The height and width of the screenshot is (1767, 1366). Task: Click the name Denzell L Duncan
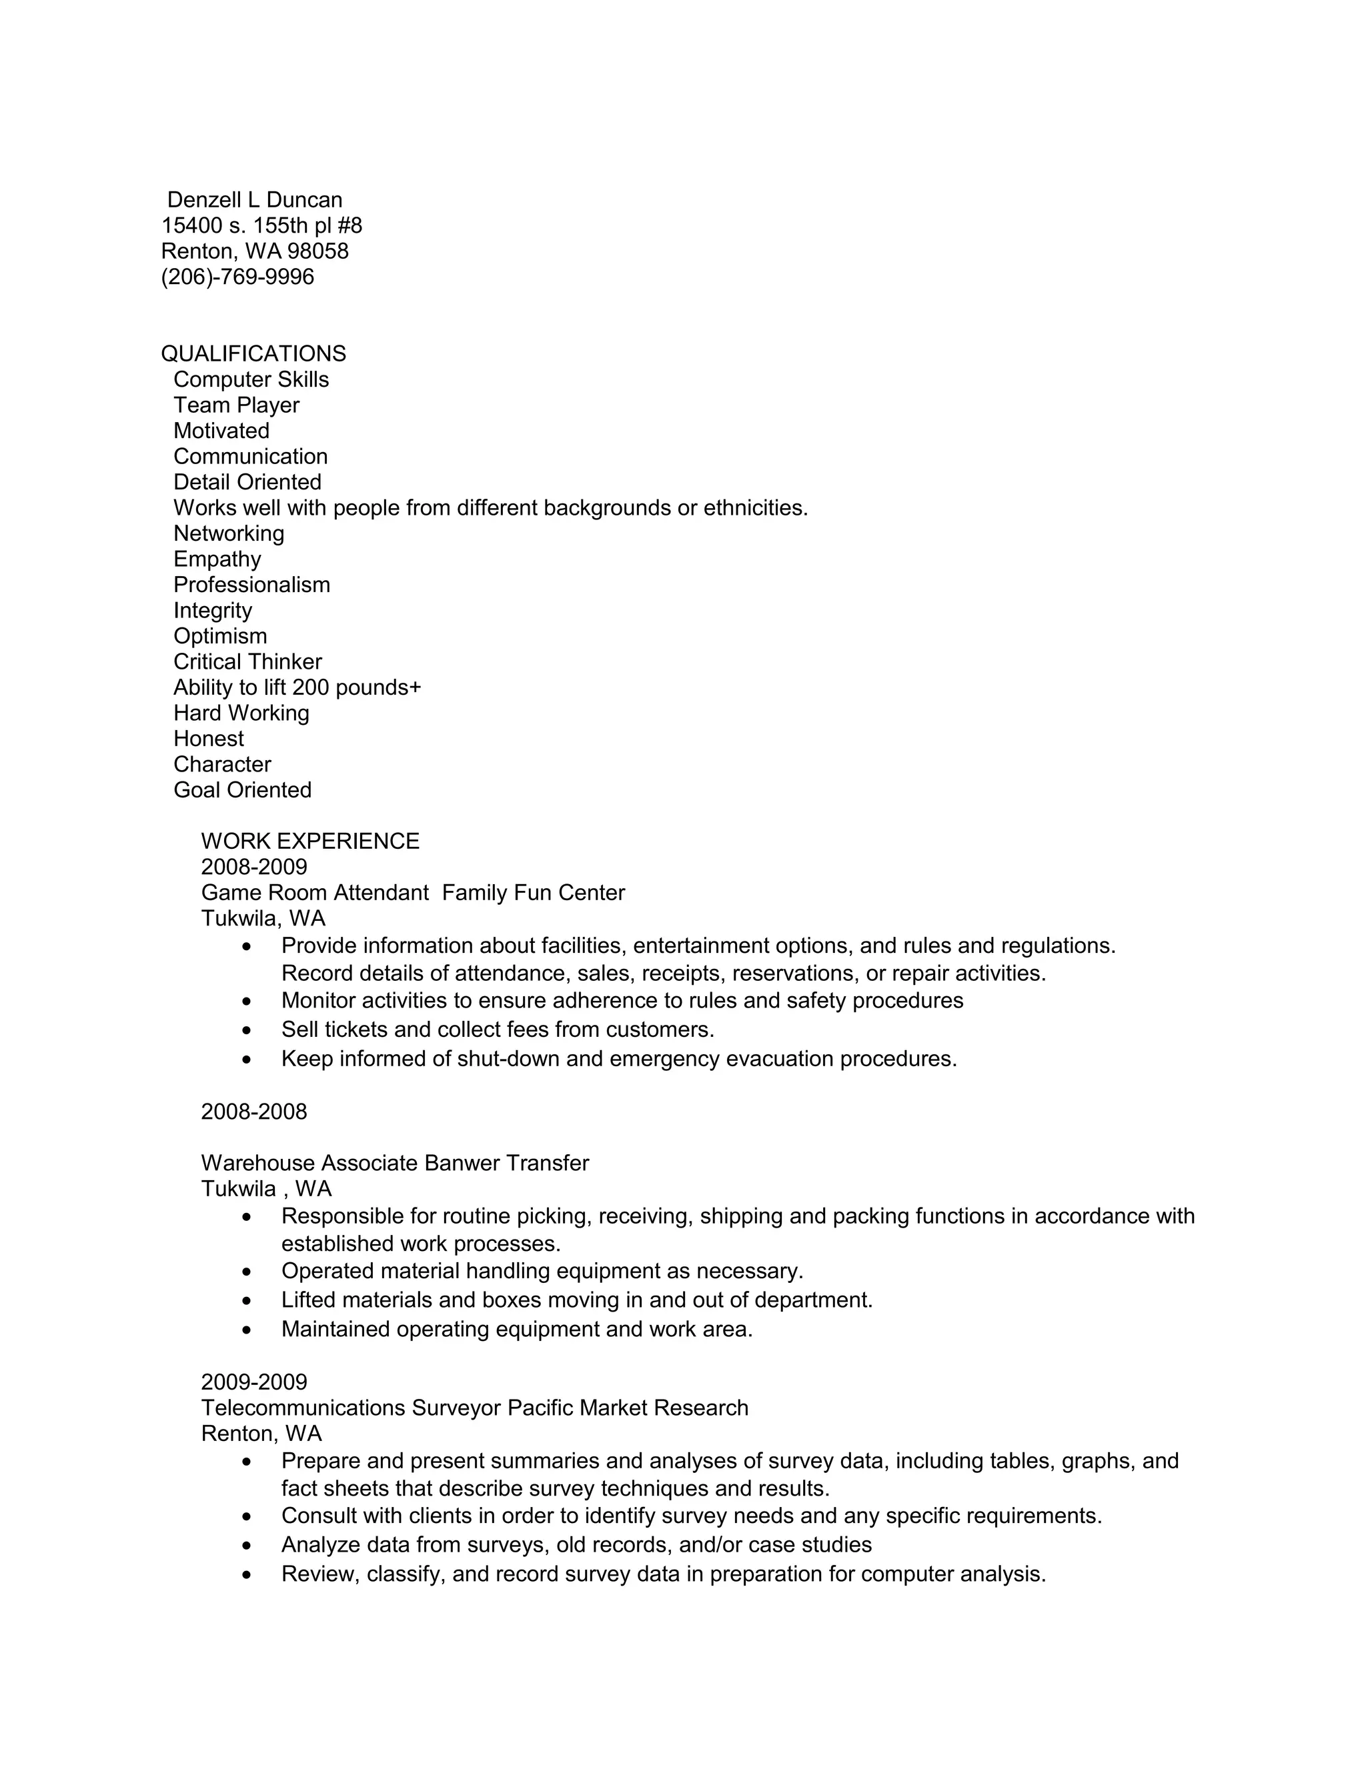click(254, 200)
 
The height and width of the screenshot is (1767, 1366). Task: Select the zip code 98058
click(318, 251)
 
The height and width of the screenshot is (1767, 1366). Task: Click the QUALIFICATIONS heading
click(253, 353)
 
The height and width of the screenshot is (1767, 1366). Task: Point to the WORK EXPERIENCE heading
click(310, 841)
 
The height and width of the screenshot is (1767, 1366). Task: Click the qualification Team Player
click(236, 405)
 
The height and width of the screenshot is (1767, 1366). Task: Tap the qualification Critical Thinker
click(247, 662)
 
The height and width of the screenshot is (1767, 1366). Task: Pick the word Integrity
click(213, 611)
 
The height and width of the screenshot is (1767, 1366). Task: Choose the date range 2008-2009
click(254, 867)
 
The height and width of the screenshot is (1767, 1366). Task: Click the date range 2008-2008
click(254, 1112)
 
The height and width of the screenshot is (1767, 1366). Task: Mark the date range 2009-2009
click(254, 1382)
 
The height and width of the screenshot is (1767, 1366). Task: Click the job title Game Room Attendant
click(315, 894)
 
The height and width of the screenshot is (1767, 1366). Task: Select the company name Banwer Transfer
click(507, 1164)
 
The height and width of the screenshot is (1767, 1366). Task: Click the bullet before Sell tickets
click(247, 1031)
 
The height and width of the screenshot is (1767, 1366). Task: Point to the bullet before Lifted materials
click(247, 1301)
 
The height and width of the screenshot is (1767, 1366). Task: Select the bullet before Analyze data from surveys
click(247, 1546)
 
